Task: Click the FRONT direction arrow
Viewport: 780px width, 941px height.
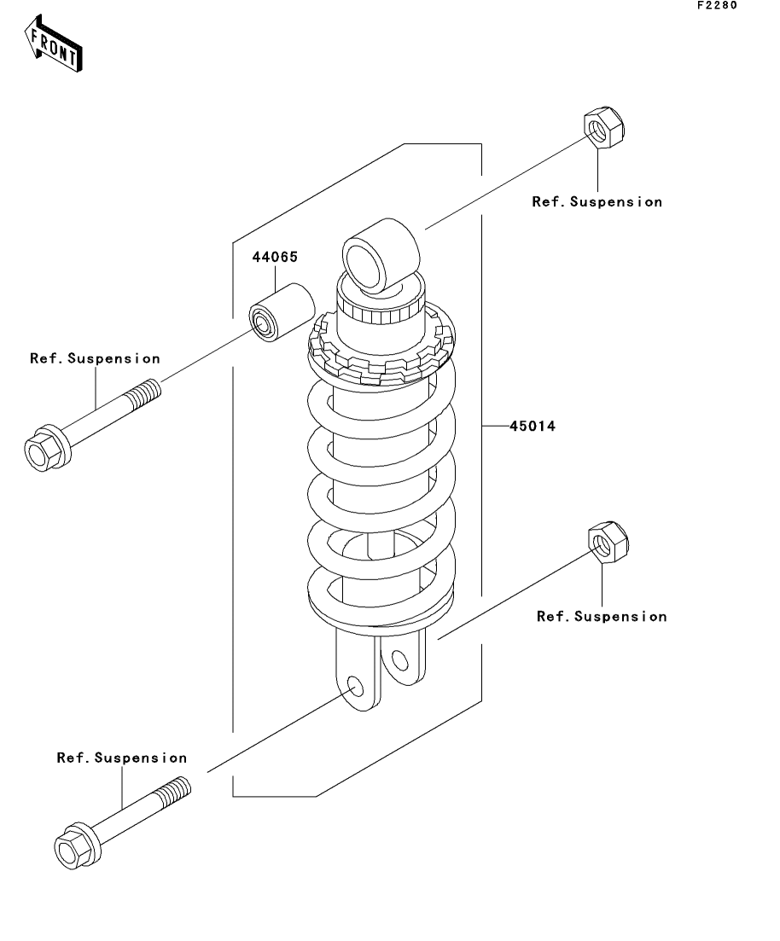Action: [54, 44]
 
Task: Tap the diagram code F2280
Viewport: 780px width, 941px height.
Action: [717, 5]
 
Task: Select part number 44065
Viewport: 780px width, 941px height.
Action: [275, 257]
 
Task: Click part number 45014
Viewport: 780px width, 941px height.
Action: [533, 426]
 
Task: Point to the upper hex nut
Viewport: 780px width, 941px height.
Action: [604, 127]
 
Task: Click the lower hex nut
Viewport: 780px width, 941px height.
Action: [608, 542]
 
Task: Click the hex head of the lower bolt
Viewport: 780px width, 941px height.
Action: [77, 845]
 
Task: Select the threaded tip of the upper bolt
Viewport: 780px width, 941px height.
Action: [143, 393]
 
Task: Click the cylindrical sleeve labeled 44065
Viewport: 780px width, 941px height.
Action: [282, 312]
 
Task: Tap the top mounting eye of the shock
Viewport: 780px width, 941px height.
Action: [380, 256]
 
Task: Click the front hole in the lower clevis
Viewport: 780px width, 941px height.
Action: [356, 687]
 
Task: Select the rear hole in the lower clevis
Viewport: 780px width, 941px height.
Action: [399, 660]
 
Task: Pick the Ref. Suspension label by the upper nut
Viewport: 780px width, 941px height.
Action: [597, 201]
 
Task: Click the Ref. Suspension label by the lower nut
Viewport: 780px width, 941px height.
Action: [602, 616]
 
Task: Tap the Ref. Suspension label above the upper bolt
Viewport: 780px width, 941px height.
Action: [96, 358]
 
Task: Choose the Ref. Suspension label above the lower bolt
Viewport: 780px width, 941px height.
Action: [122, 758]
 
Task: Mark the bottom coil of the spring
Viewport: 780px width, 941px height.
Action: [381, 600]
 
